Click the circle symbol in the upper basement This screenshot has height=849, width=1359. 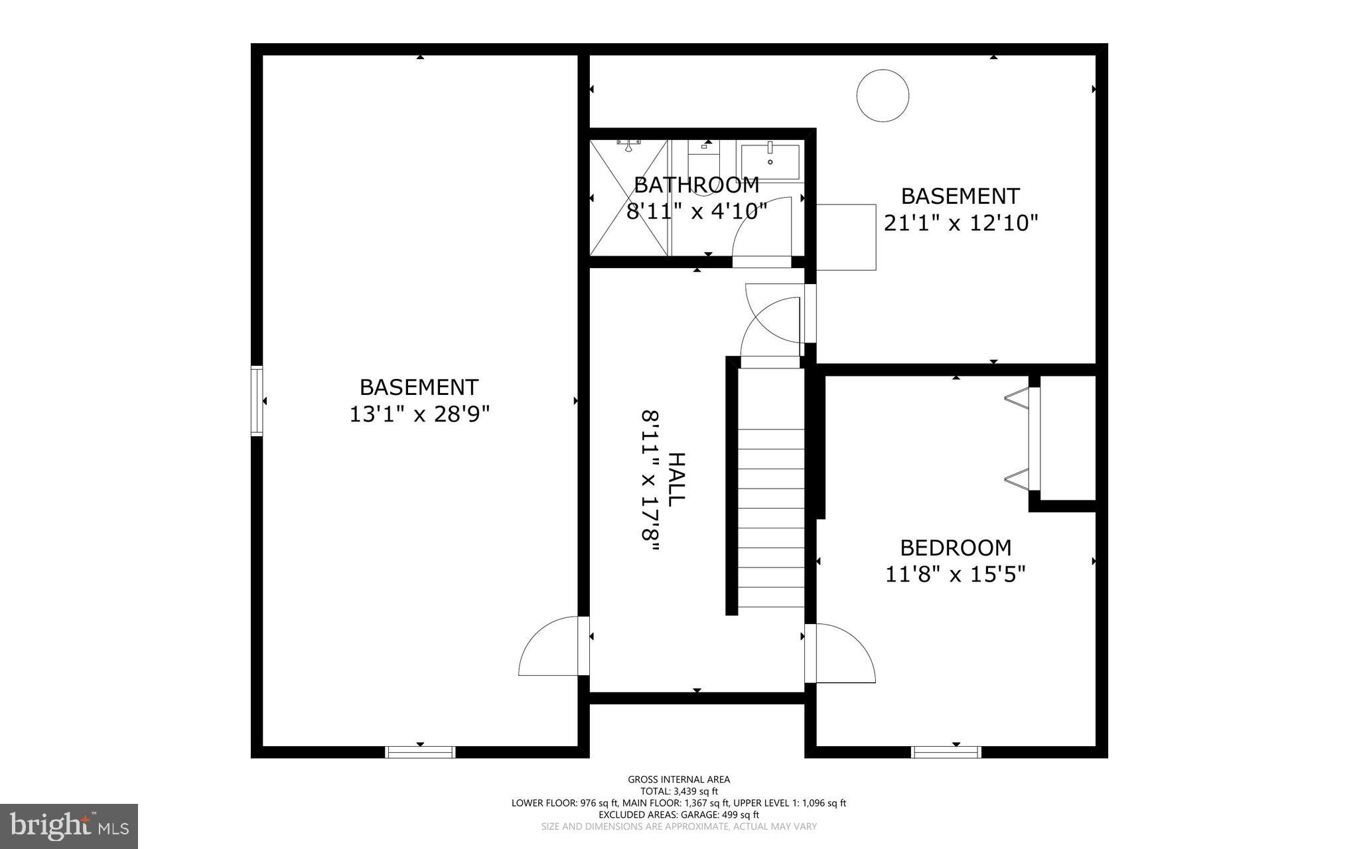pyautogui.click(x=883, y=96)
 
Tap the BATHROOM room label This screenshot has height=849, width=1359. pyautogui.click(x=697, y=184)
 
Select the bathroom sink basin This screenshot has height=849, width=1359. pyautogui.click(x=770, y=162)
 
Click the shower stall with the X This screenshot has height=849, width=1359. pyautogui.click(x=628, y=198)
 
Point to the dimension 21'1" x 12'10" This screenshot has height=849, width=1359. pyautogui.click(x=960, y=223)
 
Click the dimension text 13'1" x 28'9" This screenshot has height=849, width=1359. pyautogui.click(x=419, y=414)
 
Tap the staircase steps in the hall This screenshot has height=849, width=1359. pyautogui.click(x=771, y=518)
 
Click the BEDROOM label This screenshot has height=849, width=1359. pyautogui.click(x=956, y=548)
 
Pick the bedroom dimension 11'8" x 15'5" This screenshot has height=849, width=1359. pyautogui.click(x=956, y=574)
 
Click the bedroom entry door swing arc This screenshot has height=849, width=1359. pyautogui.click(x=843, y=653)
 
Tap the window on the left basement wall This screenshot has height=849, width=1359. pyautogui.click(x=257, y=401)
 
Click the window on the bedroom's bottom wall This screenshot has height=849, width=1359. pyautogui.click(x=946, y=752)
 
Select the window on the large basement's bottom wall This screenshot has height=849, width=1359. pyautogui.click(x=420, y=752)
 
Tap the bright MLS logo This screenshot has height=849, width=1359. pyautogui.click(x=69, y=826)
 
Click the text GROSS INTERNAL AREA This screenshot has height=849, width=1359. pyautogui.click(x=679, y=779)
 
